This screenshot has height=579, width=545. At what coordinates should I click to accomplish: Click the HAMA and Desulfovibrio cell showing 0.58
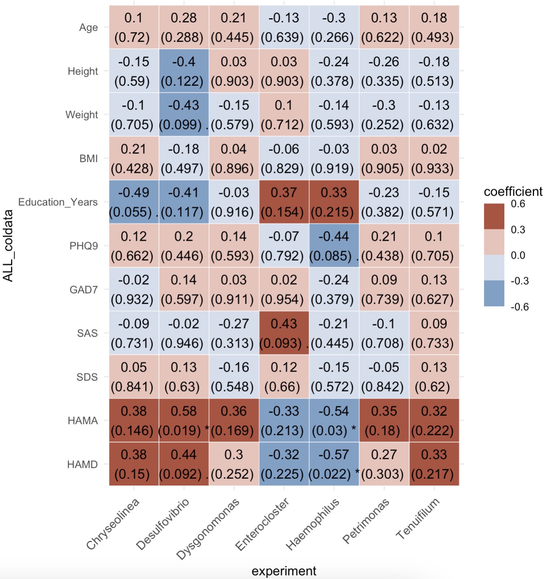[x=184, y=420]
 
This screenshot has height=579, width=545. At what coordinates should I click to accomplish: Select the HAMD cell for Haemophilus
[x=334, y=464]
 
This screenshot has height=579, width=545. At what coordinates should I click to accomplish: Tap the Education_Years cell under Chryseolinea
[x=134, y=202]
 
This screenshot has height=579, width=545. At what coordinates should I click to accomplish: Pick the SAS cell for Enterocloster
[x=284, y=333]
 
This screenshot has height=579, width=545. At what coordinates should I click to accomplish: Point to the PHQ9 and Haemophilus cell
[x=334, y=246]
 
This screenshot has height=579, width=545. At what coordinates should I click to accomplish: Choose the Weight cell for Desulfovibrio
[x=184, y=115]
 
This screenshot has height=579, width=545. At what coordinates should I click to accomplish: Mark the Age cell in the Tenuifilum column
[x=434, y=27]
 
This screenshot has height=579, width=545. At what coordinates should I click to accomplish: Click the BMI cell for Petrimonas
[x=384, y=158]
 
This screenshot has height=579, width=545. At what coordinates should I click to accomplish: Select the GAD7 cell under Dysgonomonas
[x=234, y=289]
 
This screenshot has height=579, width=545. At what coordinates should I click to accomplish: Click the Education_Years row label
[x=58, y=202]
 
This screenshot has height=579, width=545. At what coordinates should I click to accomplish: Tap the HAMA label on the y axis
[x=83, y=421]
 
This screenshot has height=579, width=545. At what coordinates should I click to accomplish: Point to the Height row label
[x=83, y=71]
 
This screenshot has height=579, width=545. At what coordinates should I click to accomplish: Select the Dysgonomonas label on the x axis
[x=208, y=529]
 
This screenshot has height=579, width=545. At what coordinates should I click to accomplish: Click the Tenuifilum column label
[x=418, y=519]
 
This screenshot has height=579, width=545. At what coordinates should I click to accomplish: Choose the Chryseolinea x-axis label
[x=113, y=523]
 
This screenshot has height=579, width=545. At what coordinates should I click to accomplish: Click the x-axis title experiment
[x=284, y=571]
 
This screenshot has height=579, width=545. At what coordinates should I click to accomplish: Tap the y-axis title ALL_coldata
[x=8, y=246]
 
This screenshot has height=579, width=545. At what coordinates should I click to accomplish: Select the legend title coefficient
[x=513, y=191]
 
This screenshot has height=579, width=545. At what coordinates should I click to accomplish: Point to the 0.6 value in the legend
[x=518, y=204]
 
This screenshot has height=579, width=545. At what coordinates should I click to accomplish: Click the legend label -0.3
[x=519, y=281]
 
